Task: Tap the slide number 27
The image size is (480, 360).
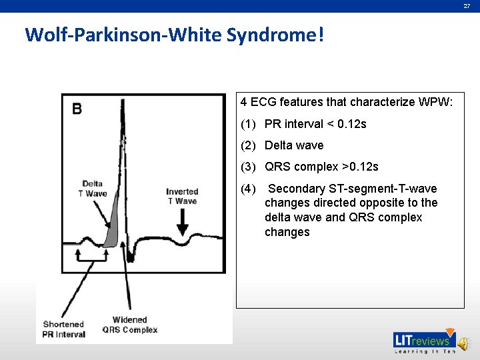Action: pyautogui.click(x=467, y=6)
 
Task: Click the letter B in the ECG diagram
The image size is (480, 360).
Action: pyautogui.click(x=77, y=108)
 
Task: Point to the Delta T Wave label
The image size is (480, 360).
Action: pyautogui.click(x=93, y=189)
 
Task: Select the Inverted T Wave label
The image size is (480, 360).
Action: pyautogui.click(x=182, y=197)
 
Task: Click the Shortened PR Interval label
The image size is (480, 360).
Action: pyautogui.click(x=65, y=329)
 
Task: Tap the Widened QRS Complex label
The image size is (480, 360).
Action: pyautogui.click(x=130, y=325)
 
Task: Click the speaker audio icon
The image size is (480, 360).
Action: pyautogui.click(x=465, y=341)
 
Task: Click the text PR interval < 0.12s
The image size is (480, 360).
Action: pyautogui.click(x=315, y=124)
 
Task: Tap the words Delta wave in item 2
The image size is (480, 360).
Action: pyautogui.click(x=294, y=145)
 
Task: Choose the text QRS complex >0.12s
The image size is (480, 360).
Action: pyautogui.click(x=321, y=167)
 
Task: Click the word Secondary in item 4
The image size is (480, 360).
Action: pyautogui.click(x=294, y=189)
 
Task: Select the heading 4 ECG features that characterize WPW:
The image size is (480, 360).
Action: pyautogui.click(x=347, y=103)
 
